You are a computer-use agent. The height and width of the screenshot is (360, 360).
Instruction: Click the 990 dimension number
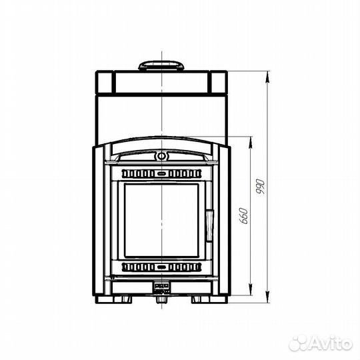(261, 186)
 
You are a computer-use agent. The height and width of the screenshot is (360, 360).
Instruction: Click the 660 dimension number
(244, 216)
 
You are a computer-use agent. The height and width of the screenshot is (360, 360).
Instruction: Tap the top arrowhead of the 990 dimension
(267, 77)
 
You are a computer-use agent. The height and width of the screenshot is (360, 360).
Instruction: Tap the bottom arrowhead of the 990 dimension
(267, 297)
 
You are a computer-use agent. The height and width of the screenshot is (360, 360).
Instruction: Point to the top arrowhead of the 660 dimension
(251, 143)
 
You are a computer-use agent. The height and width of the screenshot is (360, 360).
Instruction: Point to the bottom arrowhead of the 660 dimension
(251, 290)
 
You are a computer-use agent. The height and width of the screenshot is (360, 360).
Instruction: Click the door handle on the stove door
(209, 225)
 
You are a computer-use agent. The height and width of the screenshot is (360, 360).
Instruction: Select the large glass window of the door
(161, 221)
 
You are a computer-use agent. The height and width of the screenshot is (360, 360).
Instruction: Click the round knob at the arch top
(161, 157)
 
